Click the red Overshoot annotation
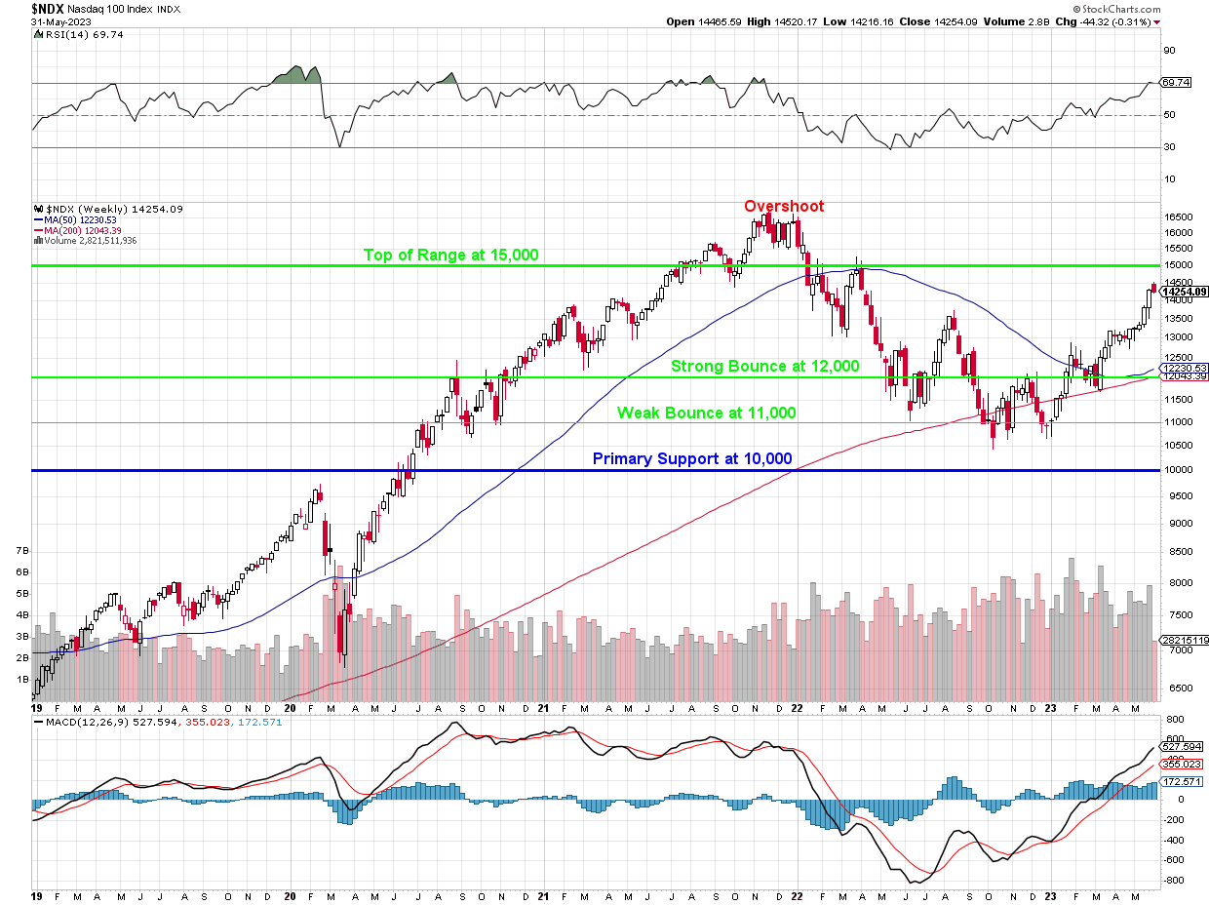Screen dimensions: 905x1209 click(783, 207)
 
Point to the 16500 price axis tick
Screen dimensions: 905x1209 click(1178, 217)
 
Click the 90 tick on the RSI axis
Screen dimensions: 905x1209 click(1167, 51)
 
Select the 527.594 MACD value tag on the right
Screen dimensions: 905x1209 click(1182, 747)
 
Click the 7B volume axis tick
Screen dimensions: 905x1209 click(21, 551)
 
